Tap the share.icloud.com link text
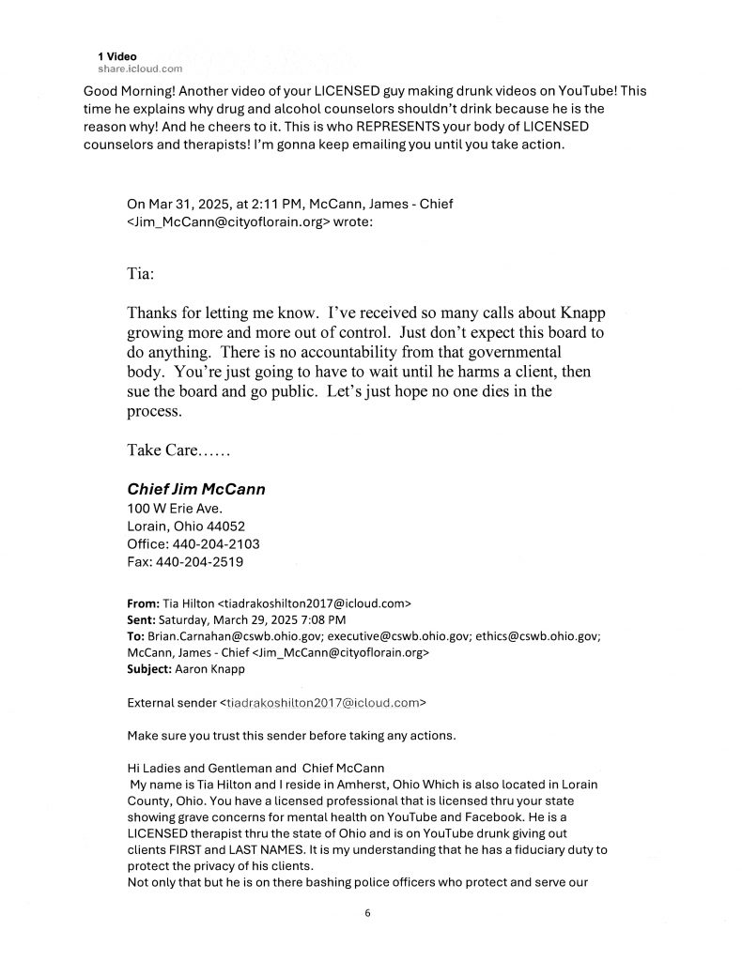click(x=140, y=69)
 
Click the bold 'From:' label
click(x=143, y=603)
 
